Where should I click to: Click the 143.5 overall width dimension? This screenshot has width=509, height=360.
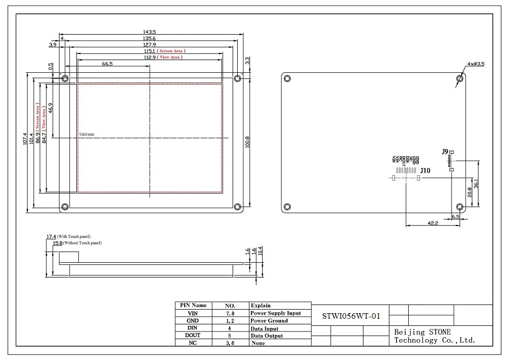[150, 32]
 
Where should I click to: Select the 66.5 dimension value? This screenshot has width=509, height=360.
[107, 64]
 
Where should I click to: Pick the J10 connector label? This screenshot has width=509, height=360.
[426, 171]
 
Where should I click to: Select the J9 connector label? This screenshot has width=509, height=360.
[444, 152]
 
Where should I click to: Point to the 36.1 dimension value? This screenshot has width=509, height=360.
[476, 183]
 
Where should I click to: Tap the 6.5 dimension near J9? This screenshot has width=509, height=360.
[456, 216]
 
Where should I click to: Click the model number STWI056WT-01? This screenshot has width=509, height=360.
[351, 316]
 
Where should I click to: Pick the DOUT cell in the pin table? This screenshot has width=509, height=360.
[192, 336]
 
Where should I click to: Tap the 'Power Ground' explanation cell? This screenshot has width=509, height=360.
[269, 321]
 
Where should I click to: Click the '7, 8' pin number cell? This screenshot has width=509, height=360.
[230, 313]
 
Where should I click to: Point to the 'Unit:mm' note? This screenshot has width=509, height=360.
[87, 134]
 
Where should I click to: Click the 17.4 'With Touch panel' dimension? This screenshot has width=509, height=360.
[51, 237]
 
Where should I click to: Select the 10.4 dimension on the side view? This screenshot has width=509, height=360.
[261, 251]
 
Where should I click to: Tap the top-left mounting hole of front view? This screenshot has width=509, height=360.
[65, 78]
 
